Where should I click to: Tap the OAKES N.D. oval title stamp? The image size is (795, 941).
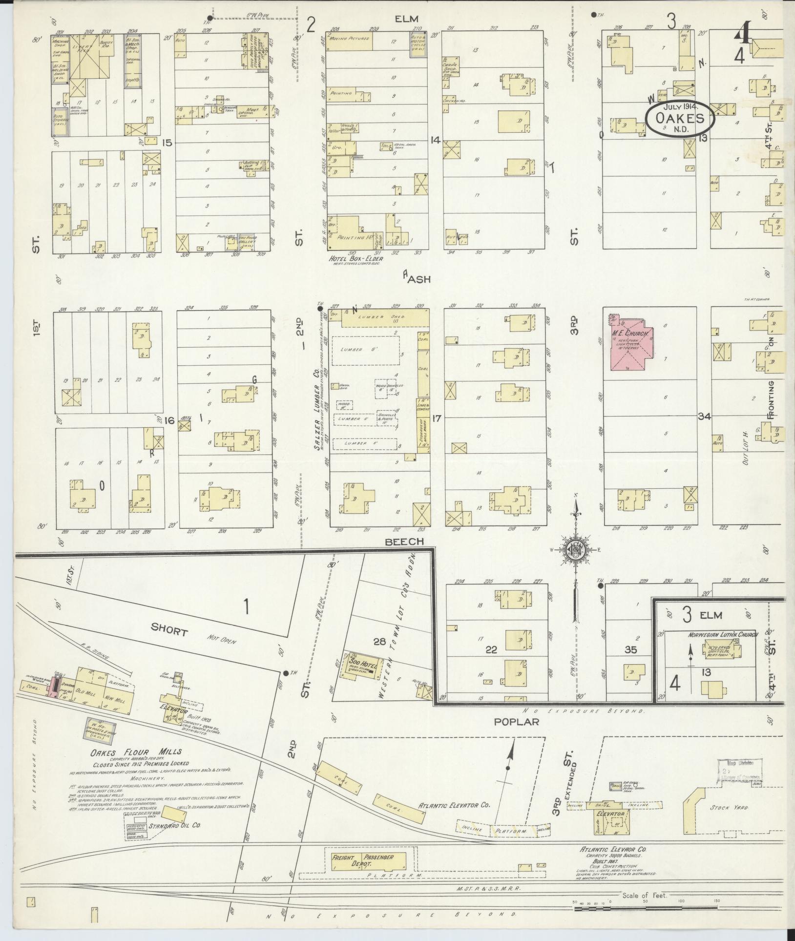680,119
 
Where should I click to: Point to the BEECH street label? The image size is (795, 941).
403,542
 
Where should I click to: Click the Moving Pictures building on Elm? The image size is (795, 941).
349,38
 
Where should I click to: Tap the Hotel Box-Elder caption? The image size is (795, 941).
355,259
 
